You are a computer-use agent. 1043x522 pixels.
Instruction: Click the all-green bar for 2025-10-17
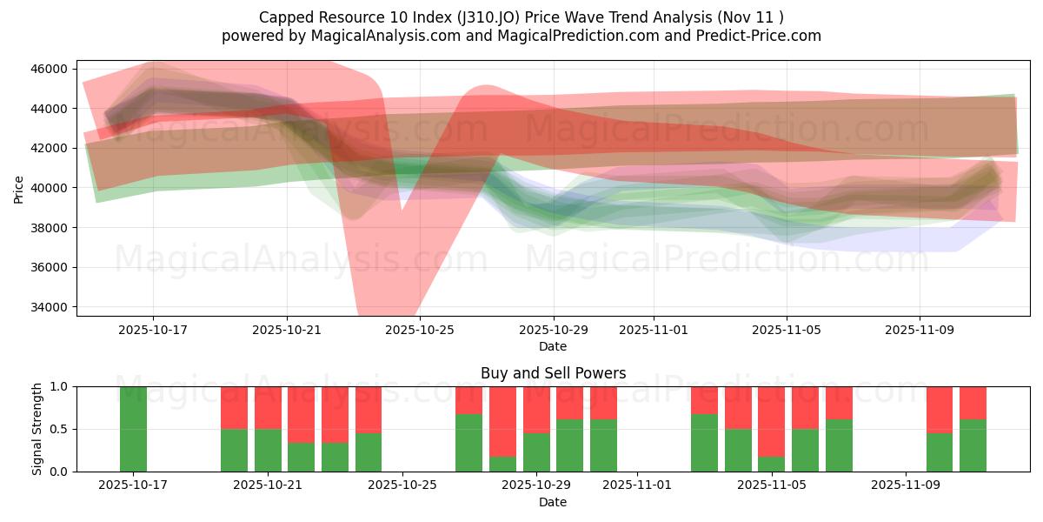coord(133,429)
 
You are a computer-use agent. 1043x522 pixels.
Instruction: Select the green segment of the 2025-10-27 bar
coord(468,443)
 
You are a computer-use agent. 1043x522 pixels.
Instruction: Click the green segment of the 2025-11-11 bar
coord(973,445)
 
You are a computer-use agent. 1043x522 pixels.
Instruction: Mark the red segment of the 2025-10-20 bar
coord(234,407)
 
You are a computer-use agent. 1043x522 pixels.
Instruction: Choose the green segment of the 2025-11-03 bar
coord(704,443)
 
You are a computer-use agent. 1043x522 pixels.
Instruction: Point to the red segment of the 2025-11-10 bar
coord(939,409)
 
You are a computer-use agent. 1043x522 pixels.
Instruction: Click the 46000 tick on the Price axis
coord(49,69)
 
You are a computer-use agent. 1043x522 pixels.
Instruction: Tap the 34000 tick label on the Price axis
coord(49,307)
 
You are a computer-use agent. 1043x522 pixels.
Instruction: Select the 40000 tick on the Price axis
coord(49,188)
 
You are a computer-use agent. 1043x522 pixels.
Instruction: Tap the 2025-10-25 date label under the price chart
coord(420,331)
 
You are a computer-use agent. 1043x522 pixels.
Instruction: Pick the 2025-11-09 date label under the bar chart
coord(906,485)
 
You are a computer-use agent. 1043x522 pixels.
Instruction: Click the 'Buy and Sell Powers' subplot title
coord(553,373)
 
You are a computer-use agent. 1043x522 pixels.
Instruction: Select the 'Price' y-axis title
coord(19,189)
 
